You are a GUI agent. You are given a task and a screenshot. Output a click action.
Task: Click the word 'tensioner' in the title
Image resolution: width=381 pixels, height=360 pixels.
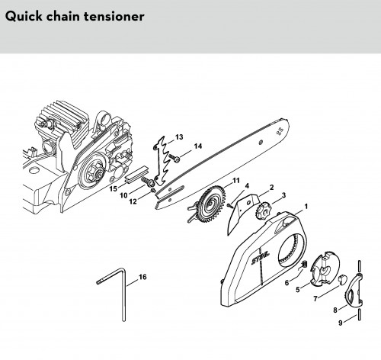coord(114,17)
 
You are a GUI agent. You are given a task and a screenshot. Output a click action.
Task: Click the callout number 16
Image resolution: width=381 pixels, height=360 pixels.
coord(142,277)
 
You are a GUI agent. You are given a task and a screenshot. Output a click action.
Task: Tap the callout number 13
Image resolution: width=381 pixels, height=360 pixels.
coord(179,137)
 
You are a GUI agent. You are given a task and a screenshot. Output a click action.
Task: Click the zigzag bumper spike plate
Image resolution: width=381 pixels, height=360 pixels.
coord(162,159)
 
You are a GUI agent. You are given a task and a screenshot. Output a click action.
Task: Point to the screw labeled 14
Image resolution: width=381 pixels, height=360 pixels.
coord(174,158)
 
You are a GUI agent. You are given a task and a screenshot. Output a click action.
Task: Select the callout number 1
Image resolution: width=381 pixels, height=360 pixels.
coord(306,207)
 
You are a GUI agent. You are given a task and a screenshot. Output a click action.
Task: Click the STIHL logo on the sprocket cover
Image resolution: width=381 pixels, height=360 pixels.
coord(260,257)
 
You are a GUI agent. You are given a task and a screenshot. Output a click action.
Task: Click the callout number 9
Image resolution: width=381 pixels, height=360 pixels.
coord(341,323)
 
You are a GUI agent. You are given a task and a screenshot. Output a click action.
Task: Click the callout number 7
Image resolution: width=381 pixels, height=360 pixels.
coord(315,298)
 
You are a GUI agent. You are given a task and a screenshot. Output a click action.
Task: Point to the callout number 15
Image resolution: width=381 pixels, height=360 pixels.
coord(114,189)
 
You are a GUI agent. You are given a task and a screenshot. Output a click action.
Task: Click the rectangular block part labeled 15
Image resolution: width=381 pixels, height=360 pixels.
coord(136,174)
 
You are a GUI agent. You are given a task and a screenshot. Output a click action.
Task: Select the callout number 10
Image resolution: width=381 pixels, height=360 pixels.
coord(123,195)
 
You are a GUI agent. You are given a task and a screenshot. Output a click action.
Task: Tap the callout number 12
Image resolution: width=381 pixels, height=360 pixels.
coord(133,201)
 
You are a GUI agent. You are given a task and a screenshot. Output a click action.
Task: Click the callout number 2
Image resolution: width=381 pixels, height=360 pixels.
coord(272,188)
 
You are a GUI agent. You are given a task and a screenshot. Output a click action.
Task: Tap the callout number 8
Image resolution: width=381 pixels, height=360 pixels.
coord(335,310)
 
